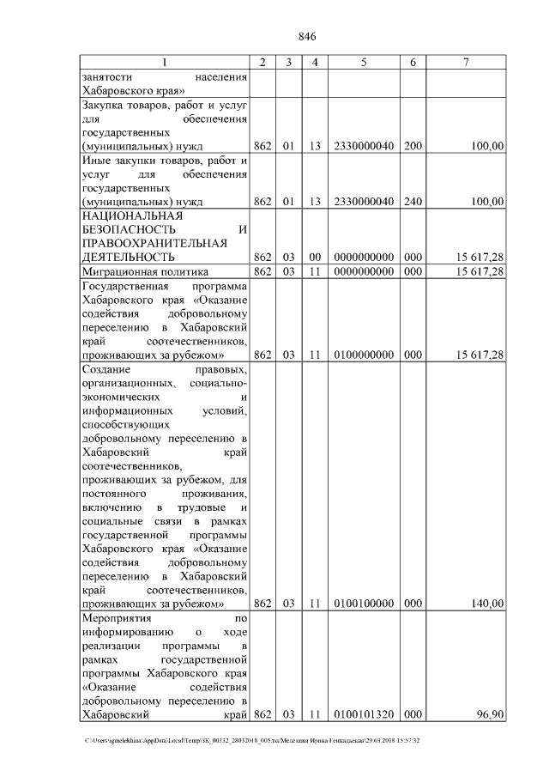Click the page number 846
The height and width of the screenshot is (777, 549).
307,37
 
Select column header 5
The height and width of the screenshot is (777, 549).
364,63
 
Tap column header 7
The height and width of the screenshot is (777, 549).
466,63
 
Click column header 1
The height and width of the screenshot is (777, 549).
165,63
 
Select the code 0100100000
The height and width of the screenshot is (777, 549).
364,604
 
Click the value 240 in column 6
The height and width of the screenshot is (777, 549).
413,202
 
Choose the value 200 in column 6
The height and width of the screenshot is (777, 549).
413,147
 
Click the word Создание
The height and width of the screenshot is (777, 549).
106,369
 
